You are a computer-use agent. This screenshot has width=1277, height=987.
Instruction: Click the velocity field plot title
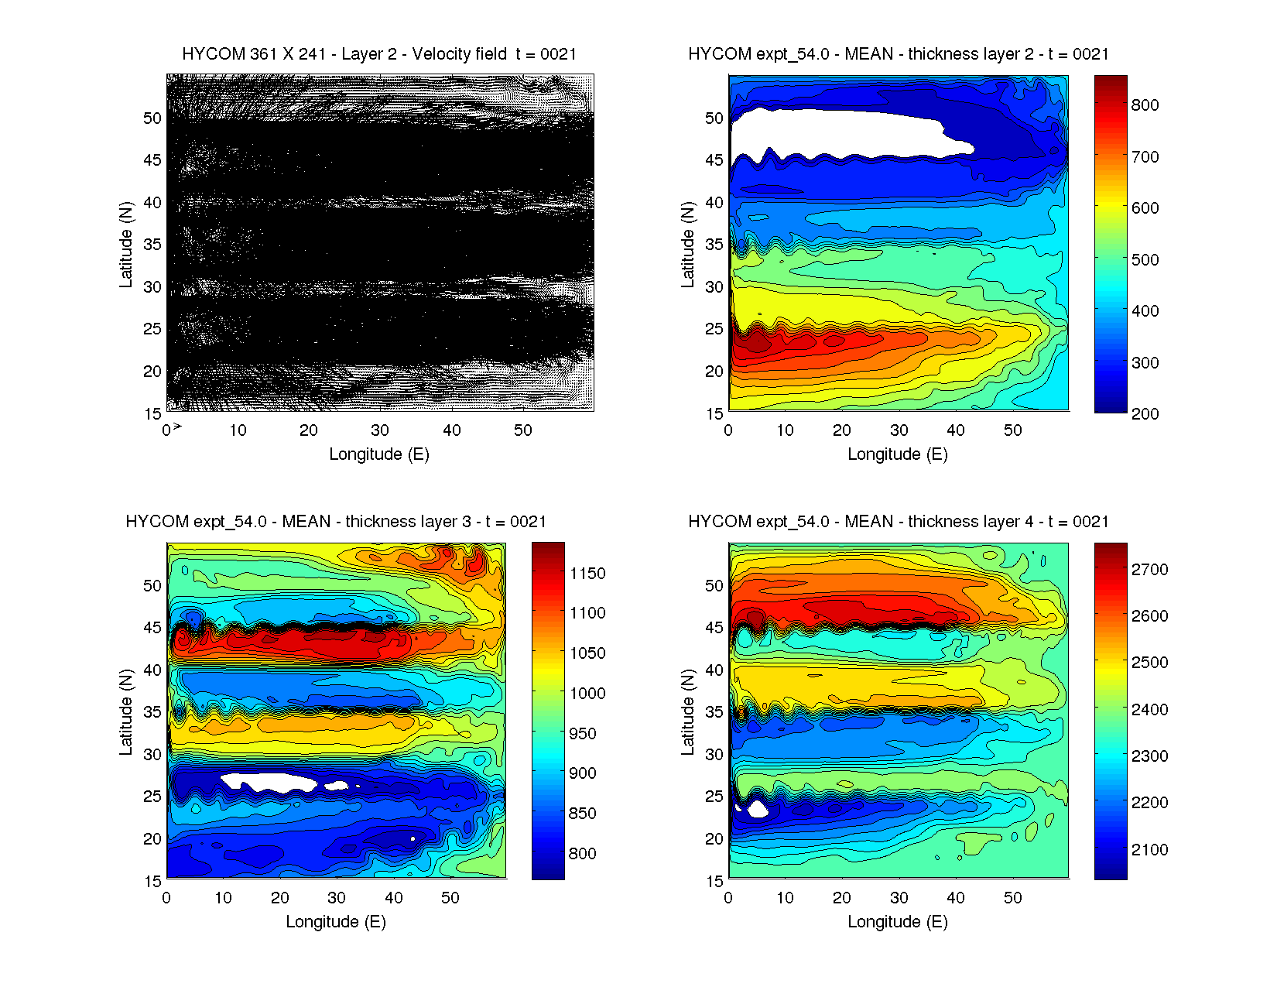(x=379, y=54)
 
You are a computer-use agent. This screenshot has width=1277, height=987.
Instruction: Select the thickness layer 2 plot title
(x=898, y=54)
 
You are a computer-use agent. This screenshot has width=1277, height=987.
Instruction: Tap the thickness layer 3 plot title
(x=336, y=522)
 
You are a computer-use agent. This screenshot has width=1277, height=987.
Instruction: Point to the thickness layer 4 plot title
(x=898, y=522)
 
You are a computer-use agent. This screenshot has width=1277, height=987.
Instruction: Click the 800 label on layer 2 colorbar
(x=1145, y=105)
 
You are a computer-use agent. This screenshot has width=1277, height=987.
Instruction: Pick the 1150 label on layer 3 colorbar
(x=587, y=574)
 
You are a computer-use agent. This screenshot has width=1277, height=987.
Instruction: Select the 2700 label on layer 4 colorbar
(x=1149, y=570)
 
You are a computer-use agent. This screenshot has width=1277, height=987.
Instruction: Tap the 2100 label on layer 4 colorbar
(x=1149, y=850)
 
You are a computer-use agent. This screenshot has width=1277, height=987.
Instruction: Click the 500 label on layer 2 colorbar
(x=1145, y=260)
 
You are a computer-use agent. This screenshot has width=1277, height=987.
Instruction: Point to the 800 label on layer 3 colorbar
(x=582, y=854)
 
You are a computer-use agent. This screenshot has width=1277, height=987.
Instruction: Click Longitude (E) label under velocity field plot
(x=379, y=454)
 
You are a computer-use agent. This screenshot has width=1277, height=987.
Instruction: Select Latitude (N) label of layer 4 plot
(x=687, y=712)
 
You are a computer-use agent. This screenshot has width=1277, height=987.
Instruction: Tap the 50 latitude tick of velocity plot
(x=152, y=118)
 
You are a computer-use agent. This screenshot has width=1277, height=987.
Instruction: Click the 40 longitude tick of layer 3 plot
(x=393, y=898)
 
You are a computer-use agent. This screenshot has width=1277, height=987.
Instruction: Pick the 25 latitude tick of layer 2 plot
(x=714, y=329)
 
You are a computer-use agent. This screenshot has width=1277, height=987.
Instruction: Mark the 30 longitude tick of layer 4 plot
(x=899, y=898)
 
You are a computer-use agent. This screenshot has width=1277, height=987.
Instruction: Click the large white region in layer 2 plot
(x=836, y=133)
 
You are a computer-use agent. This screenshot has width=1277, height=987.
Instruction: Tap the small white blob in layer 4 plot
(x=756, y=809)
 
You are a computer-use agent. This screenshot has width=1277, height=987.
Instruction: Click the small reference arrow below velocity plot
(x=177, y=427)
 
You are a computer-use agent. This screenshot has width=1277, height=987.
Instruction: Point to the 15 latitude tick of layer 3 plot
(x=152, y=881)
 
